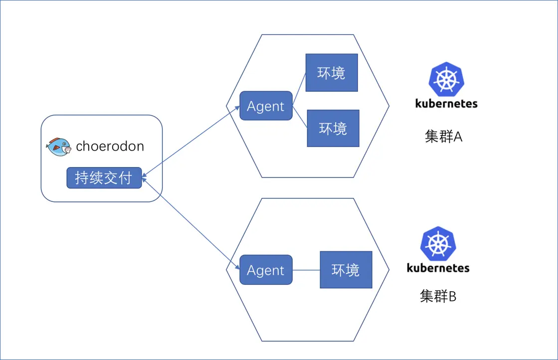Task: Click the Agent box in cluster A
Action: click(266, 106)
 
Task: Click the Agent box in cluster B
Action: click(266, 270)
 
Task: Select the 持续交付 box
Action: click(104, 178)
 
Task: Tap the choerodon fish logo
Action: click(58, 146)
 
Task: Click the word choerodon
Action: click(110, 146)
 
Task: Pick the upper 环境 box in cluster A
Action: click(332, 73)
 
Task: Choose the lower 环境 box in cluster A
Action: click(333, 128)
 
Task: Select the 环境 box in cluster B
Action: click(346, 270)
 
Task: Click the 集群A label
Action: click(443, 136)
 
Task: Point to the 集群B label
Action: click(438, 296)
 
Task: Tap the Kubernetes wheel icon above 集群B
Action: click(438, 243)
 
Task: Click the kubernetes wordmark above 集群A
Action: click(446, 104)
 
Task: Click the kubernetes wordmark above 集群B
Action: click(438, 268)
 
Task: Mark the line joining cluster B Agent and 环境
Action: click(306, 270)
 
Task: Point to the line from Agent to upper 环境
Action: click(299, 90)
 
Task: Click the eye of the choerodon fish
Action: click(54, 144)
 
